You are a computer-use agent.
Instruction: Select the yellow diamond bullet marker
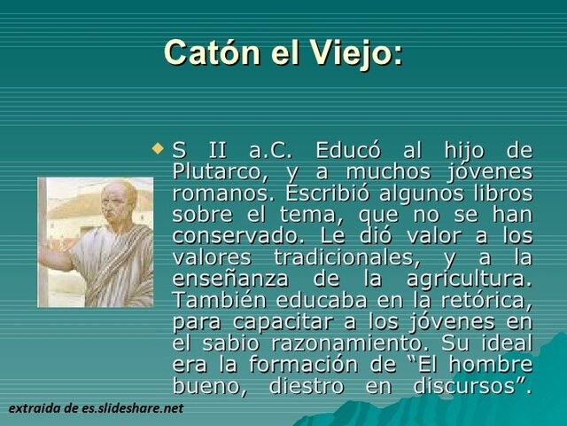pyautogui.click(x=159, y=145)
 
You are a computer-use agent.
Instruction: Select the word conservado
pyautogui.click(x=231, y=236)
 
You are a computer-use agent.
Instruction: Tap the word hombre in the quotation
pyautogui.click(x=492, y=364)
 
